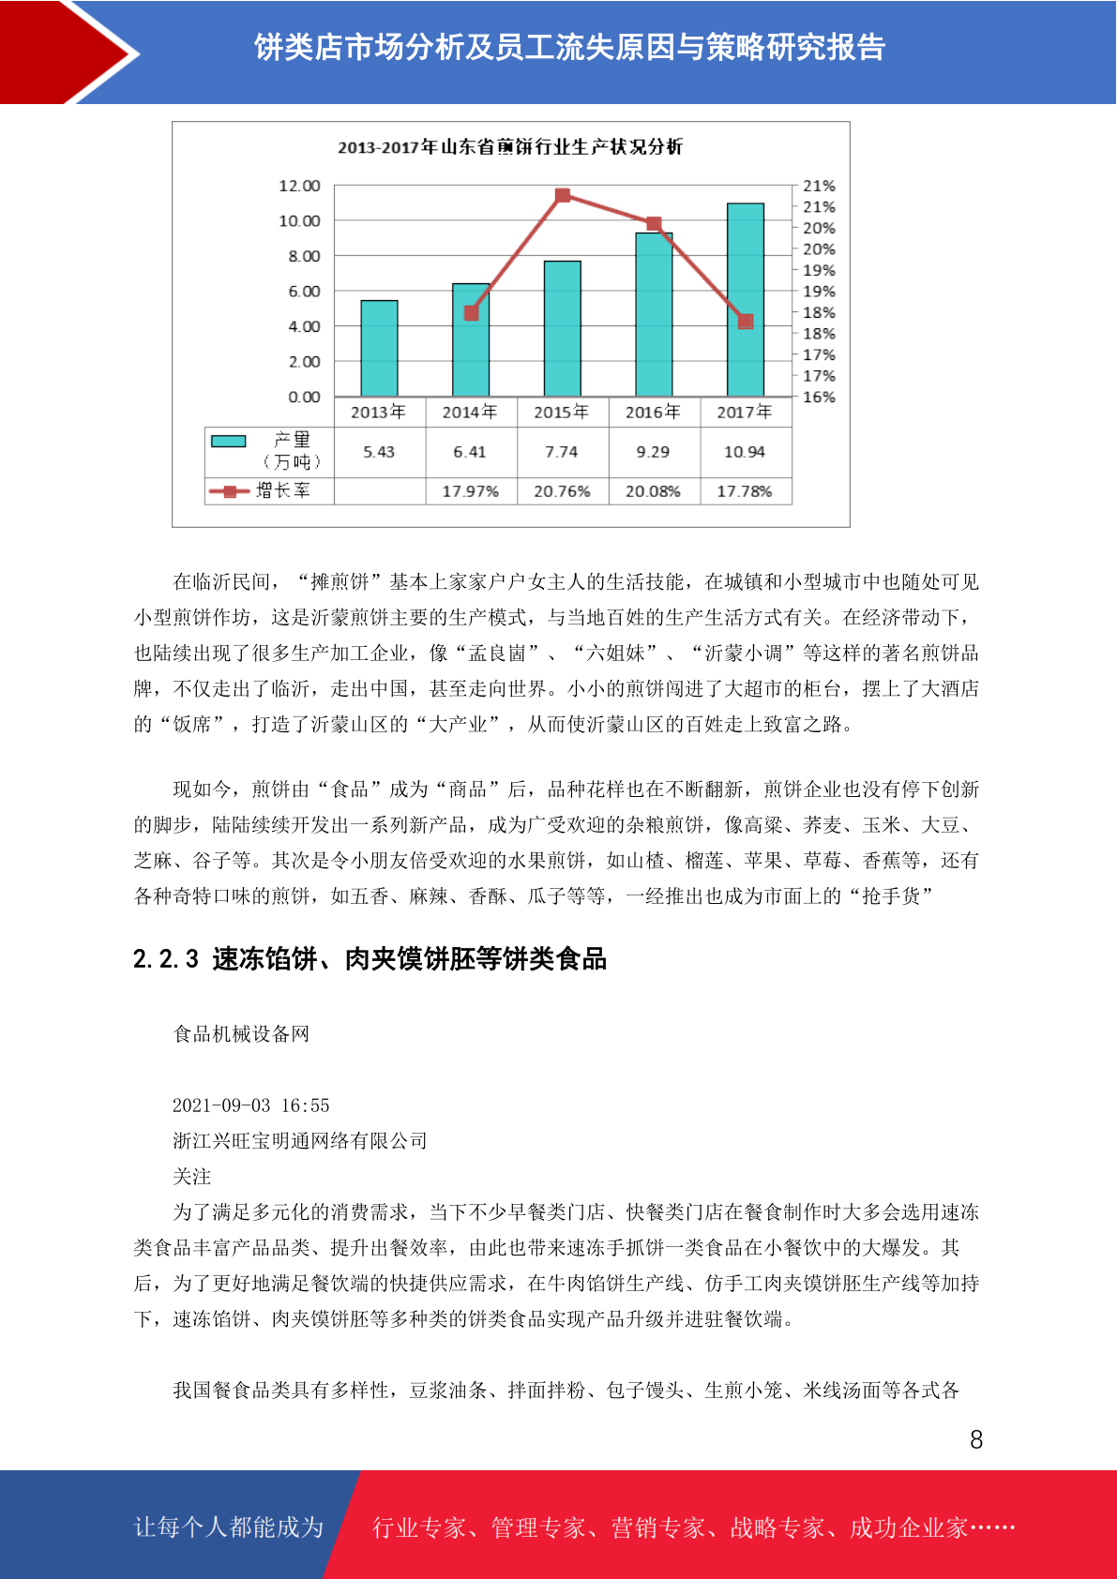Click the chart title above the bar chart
[510, 147]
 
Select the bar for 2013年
[379, 348]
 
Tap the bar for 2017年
[746, 300]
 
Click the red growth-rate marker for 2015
[563, 195]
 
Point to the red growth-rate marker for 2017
[746, 322]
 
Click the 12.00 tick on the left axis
[299, 186]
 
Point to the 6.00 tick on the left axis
[304, 292]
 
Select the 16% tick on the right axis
[819, 397]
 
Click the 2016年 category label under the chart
[653, 412]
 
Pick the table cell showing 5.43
[379, 452]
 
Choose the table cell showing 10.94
[745, 452]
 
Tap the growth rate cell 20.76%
[562, 491]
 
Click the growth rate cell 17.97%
[470, 491]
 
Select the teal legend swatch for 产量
[228, 441]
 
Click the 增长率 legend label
[282, 490]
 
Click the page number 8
[976, 1439]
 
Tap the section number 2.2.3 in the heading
[166, 959]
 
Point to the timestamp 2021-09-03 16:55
[251, 1105]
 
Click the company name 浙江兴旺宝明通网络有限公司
[300, 1141]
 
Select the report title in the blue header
[569, 47]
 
